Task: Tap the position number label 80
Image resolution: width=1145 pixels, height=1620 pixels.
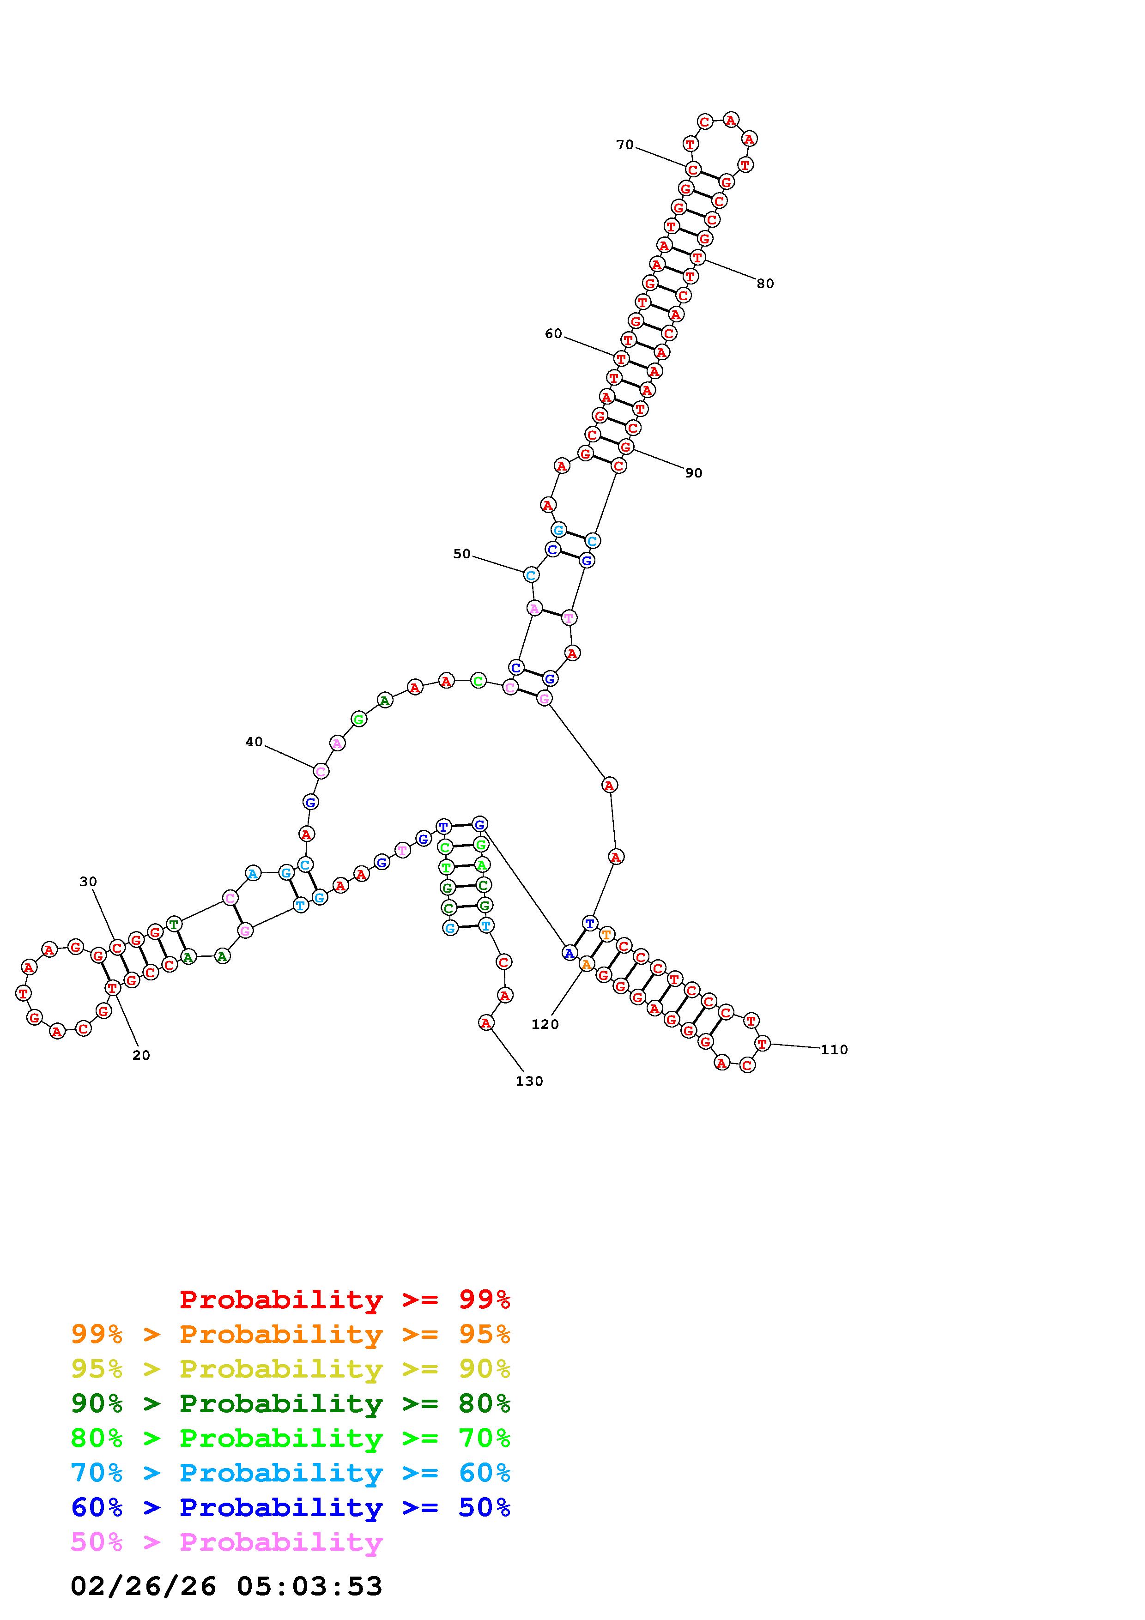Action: pyautogui.click(x=765, y=284)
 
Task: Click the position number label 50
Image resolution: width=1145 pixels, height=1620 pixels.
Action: pyautogui.click(x=461, y=554)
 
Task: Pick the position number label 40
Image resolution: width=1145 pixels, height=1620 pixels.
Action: pyautogui.click(x=254, y=742)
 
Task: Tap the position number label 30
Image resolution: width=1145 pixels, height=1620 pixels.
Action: pyautogui.click(x=88, y=881)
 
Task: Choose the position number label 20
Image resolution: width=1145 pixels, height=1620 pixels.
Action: pyautogui.click(x=141, y=1055)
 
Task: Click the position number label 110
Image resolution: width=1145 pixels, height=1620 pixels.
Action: pyautogui.click(x=834, y=1049)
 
